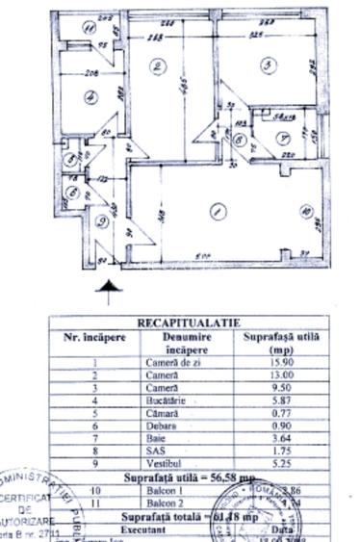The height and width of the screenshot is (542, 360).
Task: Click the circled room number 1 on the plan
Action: click(x=217, y=211)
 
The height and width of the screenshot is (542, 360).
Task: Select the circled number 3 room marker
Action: click(x=268, y=65)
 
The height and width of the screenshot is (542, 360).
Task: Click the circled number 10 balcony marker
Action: click(x=305, y=213)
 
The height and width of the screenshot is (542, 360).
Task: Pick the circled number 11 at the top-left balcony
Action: click(x=89, y=28)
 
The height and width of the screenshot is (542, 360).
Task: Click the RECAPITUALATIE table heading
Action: click(x=189, y=324)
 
